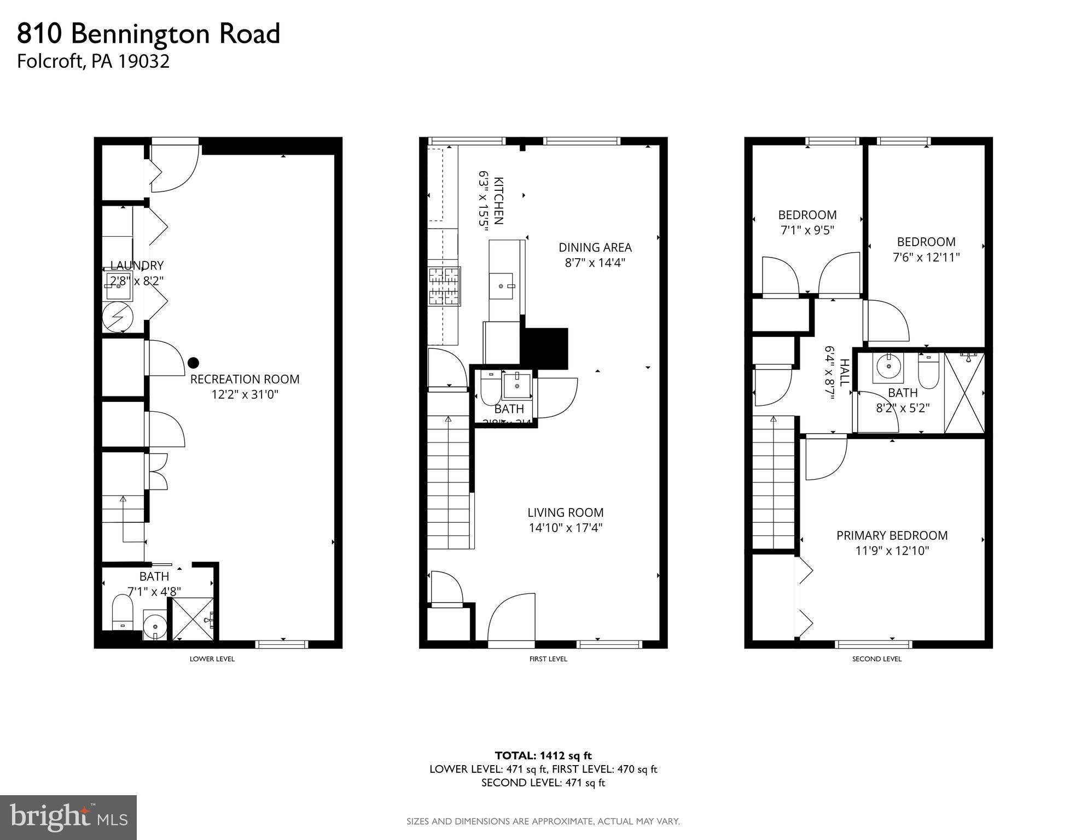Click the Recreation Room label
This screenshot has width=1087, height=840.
245,379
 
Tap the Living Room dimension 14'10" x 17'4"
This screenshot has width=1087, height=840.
565,528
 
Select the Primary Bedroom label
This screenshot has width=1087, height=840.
892,535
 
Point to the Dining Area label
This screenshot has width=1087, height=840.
595,247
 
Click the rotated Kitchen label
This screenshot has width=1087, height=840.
498,201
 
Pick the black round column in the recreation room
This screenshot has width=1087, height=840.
193,363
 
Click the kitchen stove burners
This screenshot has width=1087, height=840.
444,285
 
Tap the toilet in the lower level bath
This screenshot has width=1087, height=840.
123,612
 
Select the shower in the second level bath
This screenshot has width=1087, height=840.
964,393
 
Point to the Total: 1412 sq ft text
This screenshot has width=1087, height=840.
543,756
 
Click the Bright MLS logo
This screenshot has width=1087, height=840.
68,817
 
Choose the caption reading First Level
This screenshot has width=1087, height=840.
548,659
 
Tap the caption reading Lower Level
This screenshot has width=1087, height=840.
212,659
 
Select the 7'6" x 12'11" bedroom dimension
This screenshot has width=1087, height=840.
926,257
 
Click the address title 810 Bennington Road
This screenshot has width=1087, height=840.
149,34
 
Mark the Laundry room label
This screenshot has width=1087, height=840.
137,266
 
